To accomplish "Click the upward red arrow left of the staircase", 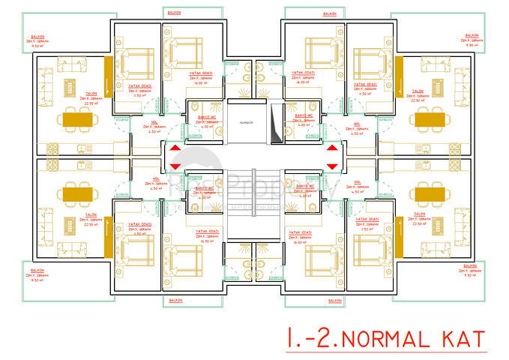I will click(175, 149).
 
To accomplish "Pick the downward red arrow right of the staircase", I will click(331, 166).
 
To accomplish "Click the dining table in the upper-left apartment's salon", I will click(80, 118).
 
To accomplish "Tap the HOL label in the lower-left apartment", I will click(157, 181).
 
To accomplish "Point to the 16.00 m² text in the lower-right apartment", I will click(302, 243).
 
